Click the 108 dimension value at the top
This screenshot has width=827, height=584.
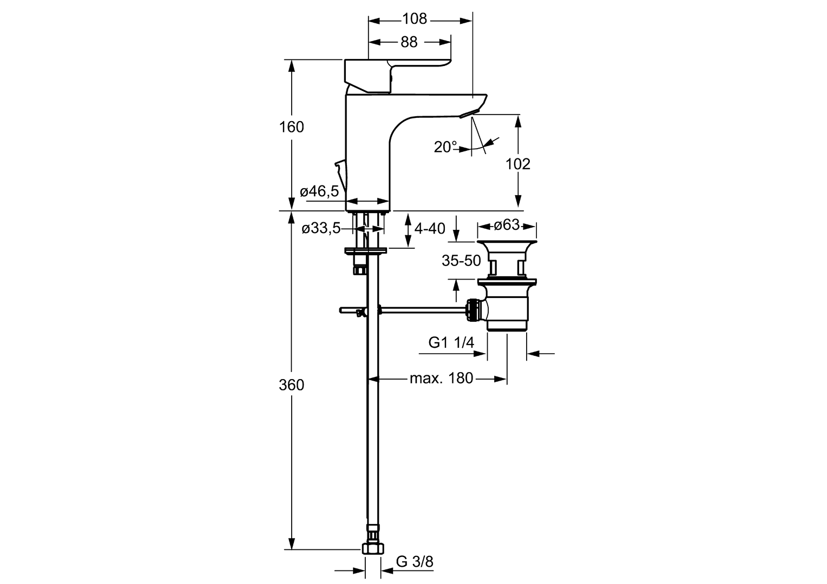tap(415, 19)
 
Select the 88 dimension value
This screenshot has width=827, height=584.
tap(409, 42)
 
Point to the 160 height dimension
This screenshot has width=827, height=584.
tap(292, 127)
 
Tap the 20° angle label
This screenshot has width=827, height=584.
tap(445, 147)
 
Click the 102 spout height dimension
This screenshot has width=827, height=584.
tap(518, 164)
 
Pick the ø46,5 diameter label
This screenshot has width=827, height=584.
tap(319, 191)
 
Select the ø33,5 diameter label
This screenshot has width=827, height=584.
tap(321, 229)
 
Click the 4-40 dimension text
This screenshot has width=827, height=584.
tap(430, 229)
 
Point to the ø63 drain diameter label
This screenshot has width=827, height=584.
tap(507, 224)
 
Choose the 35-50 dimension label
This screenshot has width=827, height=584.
tap(461, 261)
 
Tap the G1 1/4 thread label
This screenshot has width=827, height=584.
tap(451, 342)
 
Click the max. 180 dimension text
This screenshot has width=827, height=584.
tap(441, 378)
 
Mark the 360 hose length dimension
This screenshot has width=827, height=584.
tap(292, 386)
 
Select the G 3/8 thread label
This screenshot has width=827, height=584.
tap(415, 562)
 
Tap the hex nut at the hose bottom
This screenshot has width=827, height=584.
tap(372, 548)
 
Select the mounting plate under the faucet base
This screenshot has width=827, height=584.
tap(366, 250)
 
